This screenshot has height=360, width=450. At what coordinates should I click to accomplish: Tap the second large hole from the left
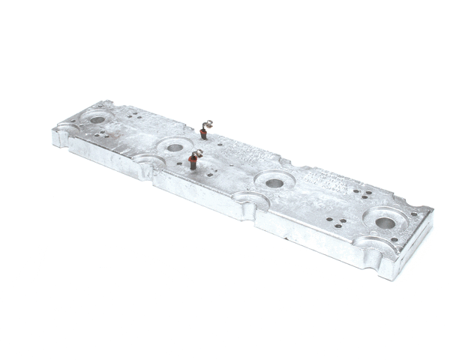(x=175, y=147)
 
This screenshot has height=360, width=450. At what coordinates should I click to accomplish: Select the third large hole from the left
(x=274, y=183)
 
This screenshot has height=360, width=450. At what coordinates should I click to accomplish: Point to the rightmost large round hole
(x=385, y=222)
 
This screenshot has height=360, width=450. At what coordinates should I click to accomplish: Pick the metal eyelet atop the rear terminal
(x=210, y=124)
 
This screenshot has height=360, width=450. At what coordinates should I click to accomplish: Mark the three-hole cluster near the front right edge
(x=337, y=223)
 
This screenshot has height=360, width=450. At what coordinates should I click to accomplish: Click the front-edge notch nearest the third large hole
(x=250, y=200)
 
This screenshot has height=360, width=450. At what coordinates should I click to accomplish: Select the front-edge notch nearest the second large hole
(x=146, y=161)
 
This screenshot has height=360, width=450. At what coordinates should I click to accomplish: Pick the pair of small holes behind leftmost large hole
(x=133, y=115)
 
